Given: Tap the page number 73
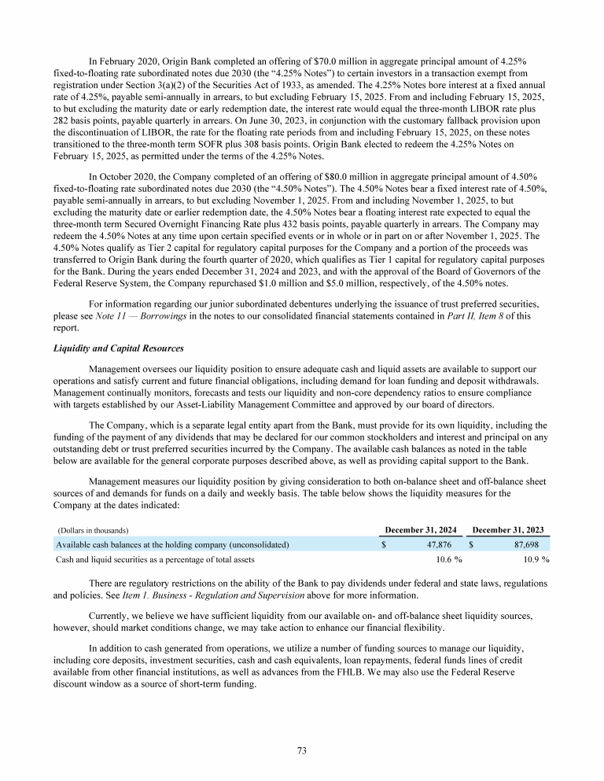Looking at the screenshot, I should (301, 750).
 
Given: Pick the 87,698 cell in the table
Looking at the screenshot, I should (523, 543).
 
